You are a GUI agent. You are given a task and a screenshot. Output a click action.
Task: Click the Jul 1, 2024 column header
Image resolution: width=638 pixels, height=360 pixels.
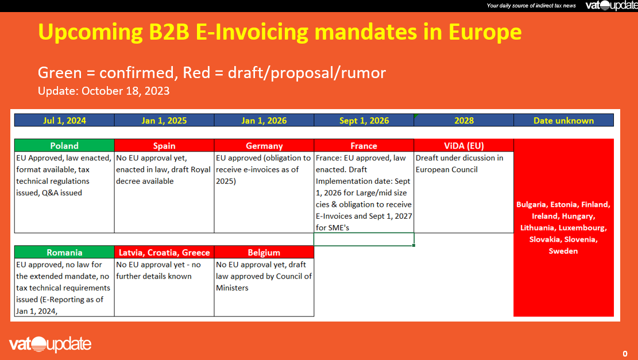tap(64, 121)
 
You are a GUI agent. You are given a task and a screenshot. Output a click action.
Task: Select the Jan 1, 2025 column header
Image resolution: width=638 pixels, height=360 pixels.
tap(164, 121)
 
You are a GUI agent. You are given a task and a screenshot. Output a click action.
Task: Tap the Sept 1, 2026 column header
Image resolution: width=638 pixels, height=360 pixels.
tap(364, 121)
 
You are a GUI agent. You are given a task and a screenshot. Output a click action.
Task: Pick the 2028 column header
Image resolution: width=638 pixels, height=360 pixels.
tap(464, 121)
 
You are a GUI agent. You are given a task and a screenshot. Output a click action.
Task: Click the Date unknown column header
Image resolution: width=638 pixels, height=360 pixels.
tap(563, 121)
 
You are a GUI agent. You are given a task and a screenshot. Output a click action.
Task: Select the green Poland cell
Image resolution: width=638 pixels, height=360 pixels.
tap(64, 146)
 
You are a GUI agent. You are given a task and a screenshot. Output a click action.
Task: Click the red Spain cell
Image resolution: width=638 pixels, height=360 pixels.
tap(164, 146)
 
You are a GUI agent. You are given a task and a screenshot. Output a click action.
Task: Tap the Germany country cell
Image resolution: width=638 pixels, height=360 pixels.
tap(264, 146)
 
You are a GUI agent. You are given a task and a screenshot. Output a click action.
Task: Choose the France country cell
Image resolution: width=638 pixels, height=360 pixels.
tap(364, 146)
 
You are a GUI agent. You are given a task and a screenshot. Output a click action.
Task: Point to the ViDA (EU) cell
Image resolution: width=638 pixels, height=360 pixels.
tap(464, 146)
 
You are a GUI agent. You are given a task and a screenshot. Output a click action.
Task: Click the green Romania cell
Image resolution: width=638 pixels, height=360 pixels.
tap(64, 253)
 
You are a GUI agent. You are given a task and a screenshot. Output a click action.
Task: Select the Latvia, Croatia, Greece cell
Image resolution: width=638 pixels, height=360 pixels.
tap(164, 253)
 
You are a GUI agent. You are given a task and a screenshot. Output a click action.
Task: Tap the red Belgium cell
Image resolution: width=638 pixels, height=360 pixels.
tap(264, 253)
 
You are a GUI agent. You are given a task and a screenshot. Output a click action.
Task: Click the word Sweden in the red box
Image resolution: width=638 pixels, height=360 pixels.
tap(563, 251)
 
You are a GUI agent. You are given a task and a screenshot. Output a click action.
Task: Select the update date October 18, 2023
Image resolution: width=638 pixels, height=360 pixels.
tap(126, 91)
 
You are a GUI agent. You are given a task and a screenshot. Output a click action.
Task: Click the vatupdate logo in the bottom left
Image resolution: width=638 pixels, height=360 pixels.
tap(50, 344)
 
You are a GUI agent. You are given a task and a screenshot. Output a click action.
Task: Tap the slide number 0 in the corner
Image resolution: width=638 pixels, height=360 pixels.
tap(625, 354)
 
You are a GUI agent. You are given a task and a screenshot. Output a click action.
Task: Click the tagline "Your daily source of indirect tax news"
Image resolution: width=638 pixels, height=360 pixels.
tap(531, 6)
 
